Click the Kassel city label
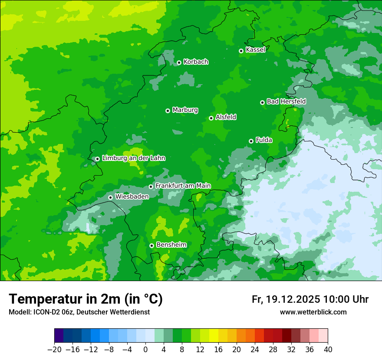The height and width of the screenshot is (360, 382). [255, 50]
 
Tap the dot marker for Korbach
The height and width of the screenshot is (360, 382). [179, 62]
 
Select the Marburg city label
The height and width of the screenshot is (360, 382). [185, 110]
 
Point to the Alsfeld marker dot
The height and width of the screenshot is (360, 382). [211, 118]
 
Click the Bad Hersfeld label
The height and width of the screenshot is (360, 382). [286, 101]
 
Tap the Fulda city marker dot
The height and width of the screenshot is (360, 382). [251, 141]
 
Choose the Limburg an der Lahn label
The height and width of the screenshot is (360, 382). [133, 158]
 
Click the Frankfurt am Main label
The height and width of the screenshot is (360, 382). [183, 186]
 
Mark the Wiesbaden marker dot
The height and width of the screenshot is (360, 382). [111, 197]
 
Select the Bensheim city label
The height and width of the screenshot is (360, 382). [171, 245]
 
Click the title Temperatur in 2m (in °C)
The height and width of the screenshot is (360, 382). [86, 299]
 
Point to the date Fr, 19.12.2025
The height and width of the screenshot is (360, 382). [286, 299]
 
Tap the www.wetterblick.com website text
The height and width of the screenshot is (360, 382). [313, 312]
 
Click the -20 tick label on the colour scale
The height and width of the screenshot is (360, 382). [54, 350]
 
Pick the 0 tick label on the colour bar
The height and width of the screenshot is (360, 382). [145, 350]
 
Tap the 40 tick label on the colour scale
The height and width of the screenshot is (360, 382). [328, 350]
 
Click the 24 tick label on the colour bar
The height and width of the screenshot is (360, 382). [255, 350]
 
